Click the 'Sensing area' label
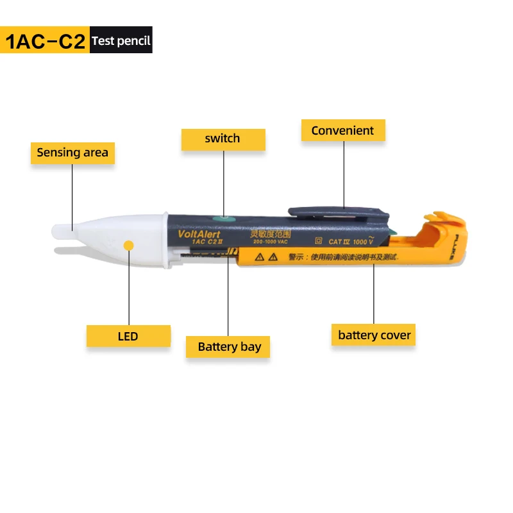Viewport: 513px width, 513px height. pyautogui.click(x=72, y=153)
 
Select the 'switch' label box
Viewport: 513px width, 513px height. pyautogui.click(x=223, y=139)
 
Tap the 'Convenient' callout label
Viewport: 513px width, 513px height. pyautogui.click(x=342, y=131)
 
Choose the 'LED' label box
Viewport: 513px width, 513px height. pyautogui.click(x=128, y=336)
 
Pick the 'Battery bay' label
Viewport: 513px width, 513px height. pyautogui.click(x=229, y=347)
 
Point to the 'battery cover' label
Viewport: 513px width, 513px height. pyautogui.click(x=374, y=335)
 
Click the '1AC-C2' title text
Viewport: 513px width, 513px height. pyautogui.click(x=45, y=40)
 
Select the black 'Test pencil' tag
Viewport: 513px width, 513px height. pyautogui.click(x=121, y=40)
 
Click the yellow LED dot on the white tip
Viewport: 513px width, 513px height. pyautogui.click(x=129, y=244)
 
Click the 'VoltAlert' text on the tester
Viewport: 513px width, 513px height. pyautogui.click(x=199, y=235)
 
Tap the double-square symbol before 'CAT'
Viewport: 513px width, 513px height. pyautogui.click(x=318, y=241)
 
